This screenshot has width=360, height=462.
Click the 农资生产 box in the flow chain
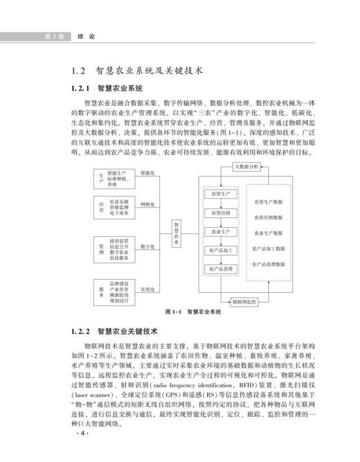[x=219, y=194]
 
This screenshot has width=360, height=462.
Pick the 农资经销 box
[x=219, y=213]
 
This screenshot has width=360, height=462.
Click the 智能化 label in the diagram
[x=147, y=172]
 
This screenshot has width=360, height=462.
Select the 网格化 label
[x=147, y=205]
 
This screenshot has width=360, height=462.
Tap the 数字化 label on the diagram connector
[x=147, y=246]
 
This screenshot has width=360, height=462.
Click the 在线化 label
[x=147, y=288]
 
